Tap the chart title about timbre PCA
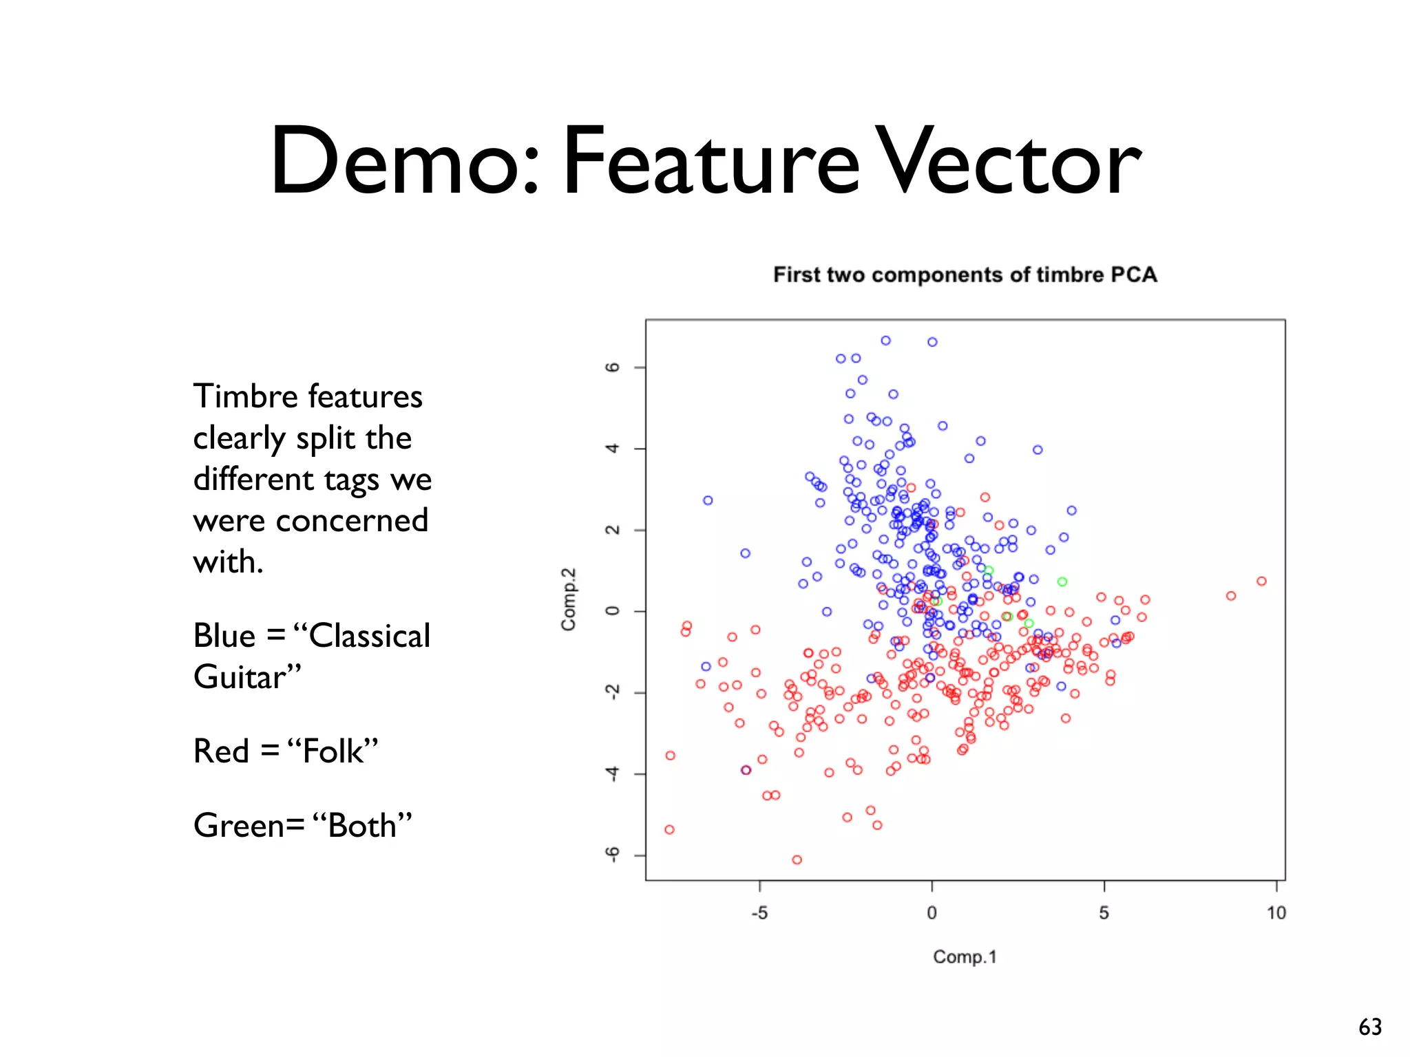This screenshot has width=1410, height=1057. pos(965,275)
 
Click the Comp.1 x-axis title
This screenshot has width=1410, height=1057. pos(965,957)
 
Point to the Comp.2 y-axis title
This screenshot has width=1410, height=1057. pos(569,599)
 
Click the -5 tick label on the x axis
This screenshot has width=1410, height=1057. pos(759,913)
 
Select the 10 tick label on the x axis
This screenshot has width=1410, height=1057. pos(1276,913)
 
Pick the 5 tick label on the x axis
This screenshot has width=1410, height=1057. pos(1104,913)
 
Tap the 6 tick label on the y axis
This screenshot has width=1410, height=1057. pos(612,367)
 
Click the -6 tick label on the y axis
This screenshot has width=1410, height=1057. pos(612,855)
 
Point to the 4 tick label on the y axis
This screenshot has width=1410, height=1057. pos(612,449)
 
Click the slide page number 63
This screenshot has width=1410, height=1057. pos(1370,1027)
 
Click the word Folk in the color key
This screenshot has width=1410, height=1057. pos(333,751)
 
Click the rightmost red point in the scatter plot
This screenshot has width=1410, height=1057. pos(1261,581)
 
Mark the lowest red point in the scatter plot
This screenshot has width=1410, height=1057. pos(797,860)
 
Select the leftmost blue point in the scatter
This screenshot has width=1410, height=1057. pos(706,667)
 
